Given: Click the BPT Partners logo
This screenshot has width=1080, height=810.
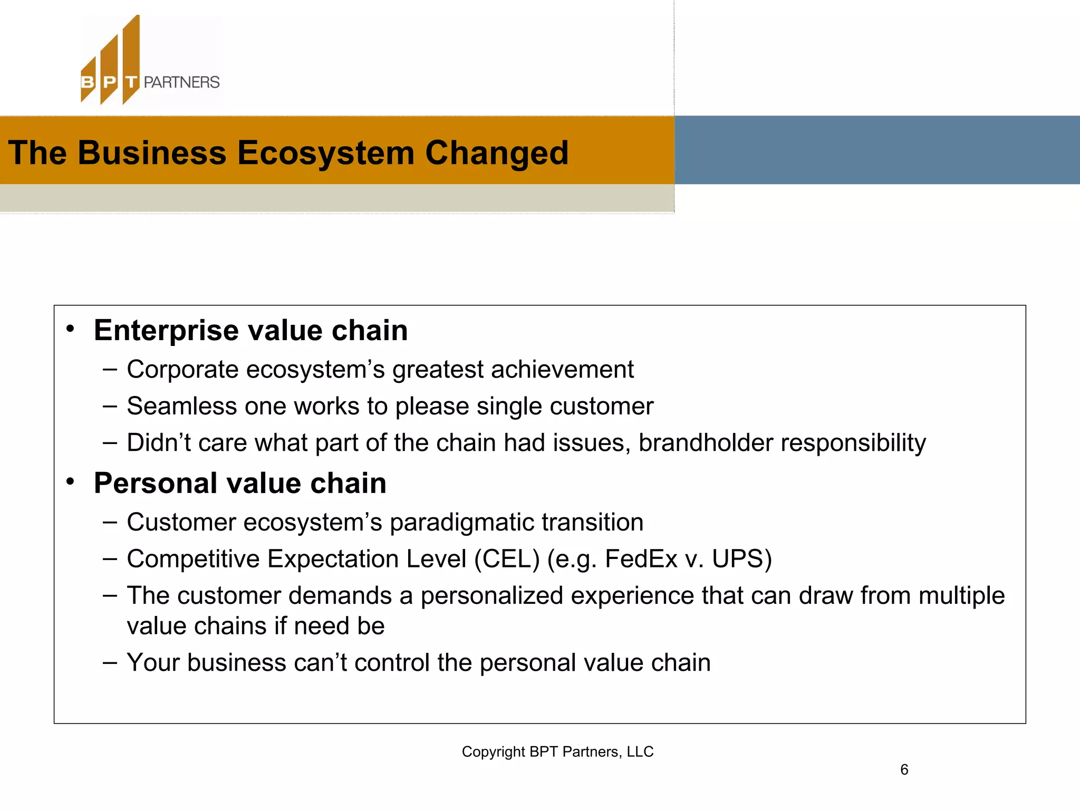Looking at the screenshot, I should pos(150,61).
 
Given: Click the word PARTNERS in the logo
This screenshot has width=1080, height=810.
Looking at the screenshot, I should pos(181,82).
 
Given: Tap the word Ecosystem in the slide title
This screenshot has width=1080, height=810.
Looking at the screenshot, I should pos(325,153).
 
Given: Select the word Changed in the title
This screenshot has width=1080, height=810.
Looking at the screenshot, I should pos(497,153).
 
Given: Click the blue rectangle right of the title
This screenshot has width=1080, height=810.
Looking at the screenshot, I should pos(876,150).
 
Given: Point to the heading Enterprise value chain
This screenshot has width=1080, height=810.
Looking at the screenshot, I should pos(250,331).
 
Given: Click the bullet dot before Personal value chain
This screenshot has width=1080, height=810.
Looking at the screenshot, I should pos(70,481).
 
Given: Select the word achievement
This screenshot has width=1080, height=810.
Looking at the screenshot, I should pos(562,369).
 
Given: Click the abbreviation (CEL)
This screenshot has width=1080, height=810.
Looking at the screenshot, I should pos(507,559).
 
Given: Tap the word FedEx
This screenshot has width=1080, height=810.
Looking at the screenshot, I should pos(640,559).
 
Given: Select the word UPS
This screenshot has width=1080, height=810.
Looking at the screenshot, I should pos(741,559).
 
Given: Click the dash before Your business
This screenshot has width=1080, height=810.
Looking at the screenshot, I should pos(110,662).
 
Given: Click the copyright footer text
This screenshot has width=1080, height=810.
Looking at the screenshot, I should pos(557,751).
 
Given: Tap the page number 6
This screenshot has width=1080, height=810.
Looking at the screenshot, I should pos(904,770).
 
